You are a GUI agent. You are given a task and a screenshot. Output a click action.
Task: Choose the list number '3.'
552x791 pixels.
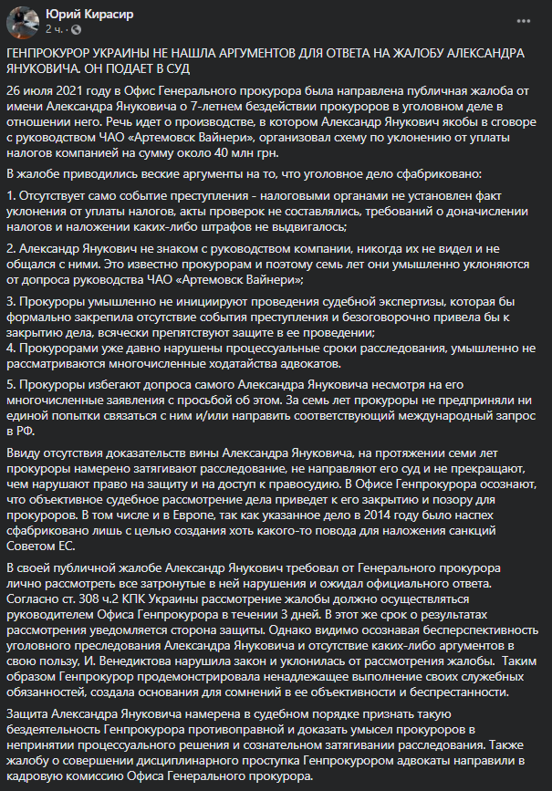[x=12, y=301]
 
